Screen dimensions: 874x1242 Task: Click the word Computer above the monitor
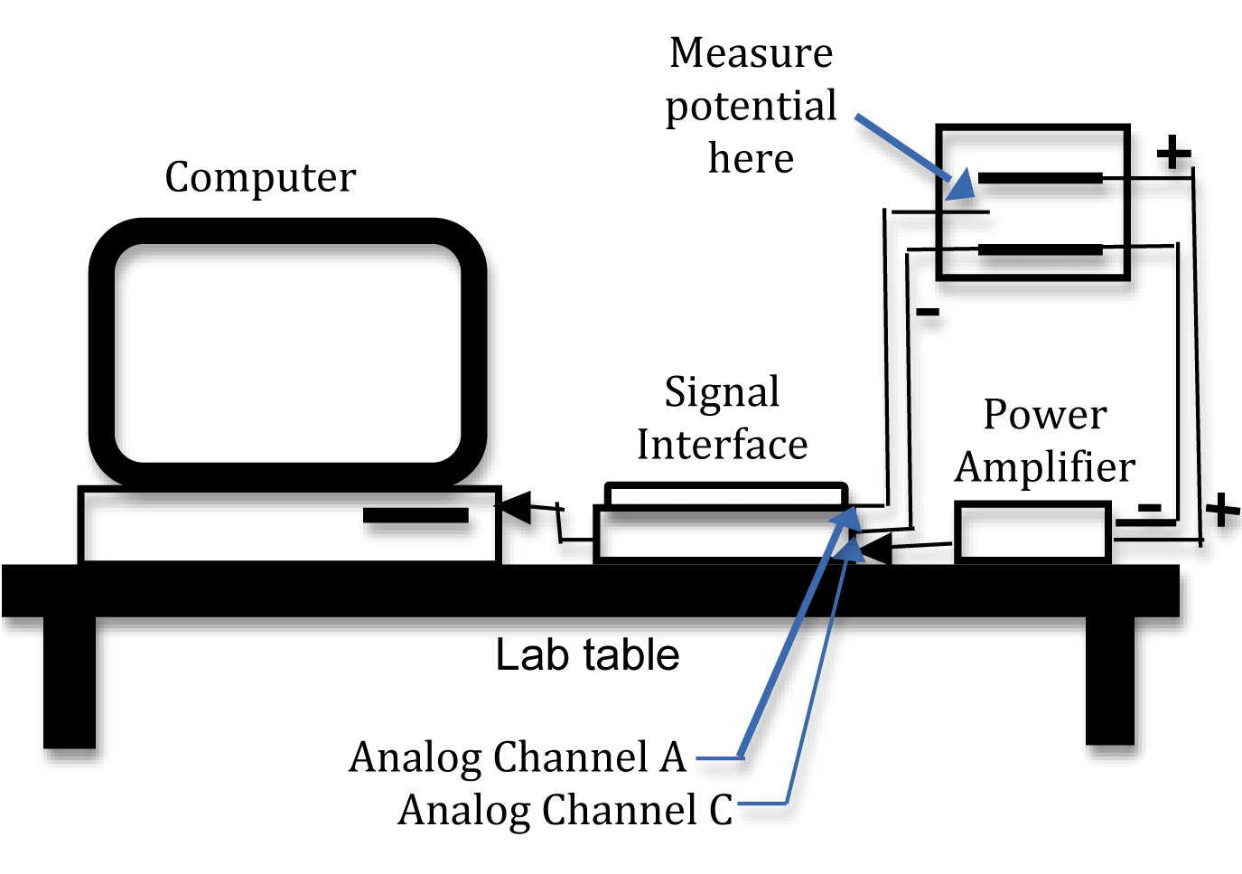click(x=260, y=177)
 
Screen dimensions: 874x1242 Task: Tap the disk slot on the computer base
click(x=416, y=516)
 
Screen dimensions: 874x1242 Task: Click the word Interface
click(x=722, y=445)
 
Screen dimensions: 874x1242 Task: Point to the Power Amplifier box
click(x=1032, y=533)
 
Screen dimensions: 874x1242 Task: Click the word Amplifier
click(x=1045, y=467)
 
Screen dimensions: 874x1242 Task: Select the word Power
click(x=1045, y=415)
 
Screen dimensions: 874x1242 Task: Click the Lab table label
click(x=587, y=655)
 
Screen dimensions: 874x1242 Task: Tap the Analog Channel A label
click(x=518, y=757)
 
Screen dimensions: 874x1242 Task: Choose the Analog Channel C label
click(x=565, y=810)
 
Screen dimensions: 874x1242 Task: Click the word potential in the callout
click(x=751, y=106)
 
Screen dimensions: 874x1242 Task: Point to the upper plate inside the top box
click(x=1040, y=178)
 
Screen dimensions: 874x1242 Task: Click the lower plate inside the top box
click(x=1040, y=249)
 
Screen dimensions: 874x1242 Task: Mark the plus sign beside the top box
click(x=1173, y=153)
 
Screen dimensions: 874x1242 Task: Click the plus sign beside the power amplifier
click(x=1222, y=510)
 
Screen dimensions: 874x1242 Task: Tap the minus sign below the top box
click(x=928, y=313)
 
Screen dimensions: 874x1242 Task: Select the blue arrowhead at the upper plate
click(x=962, y=185)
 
